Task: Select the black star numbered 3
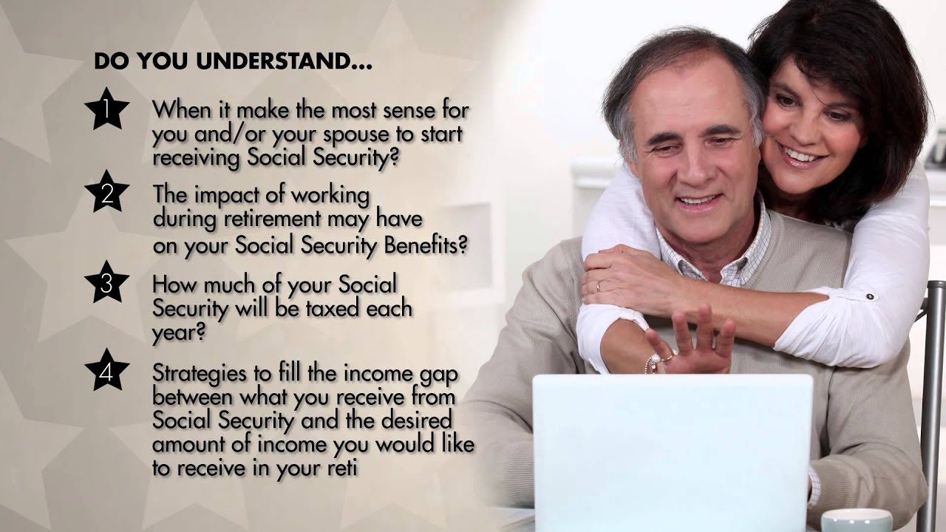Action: coord(107,283)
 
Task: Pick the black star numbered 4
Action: coord(107,371)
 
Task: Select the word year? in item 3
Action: coord(177,332)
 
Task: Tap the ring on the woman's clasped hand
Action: coord(599,285)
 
